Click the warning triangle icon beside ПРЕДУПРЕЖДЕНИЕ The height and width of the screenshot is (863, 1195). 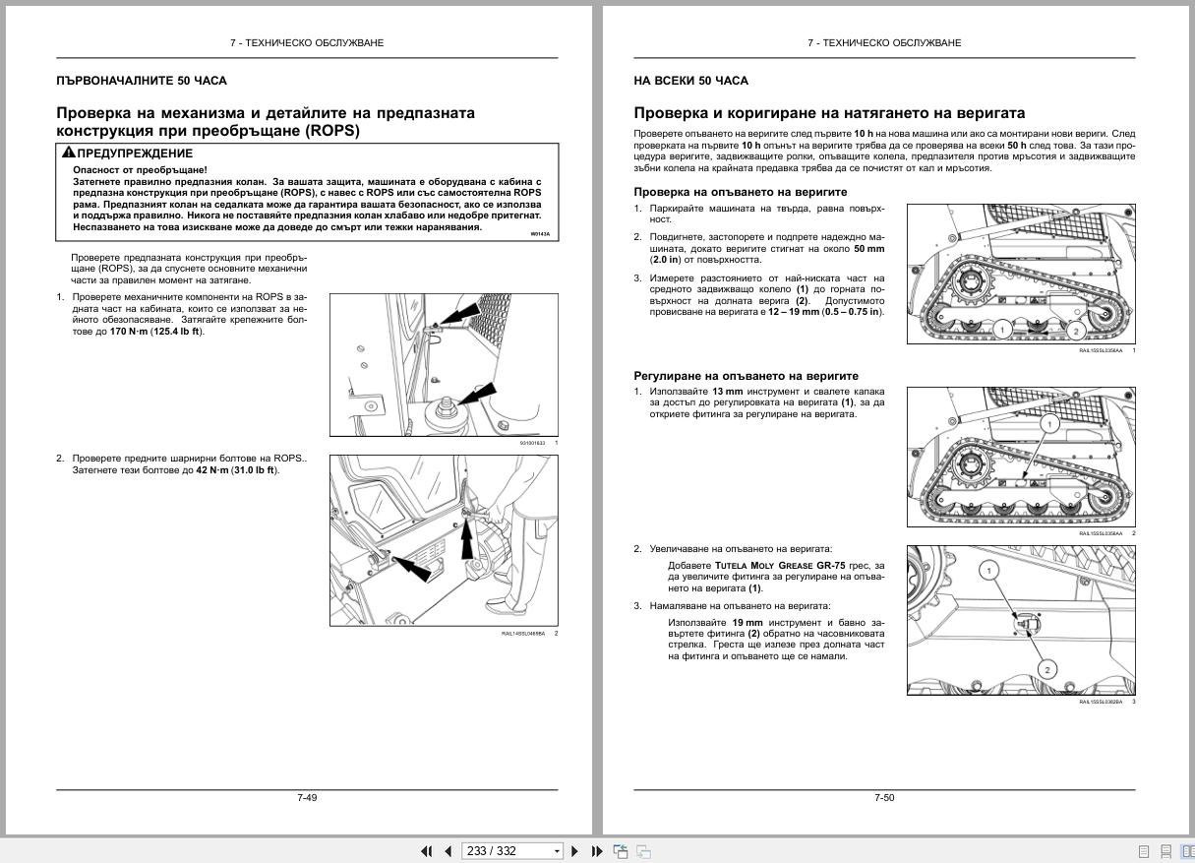coord(68,153)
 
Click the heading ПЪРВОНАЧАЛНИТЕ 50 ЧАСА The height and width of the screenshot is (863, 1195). coord(141,81)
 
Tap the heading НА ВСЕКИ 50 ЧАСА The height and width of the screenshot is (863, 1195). coord(690,81)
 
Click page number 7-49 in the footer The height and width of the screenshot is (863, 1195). coord(307,797)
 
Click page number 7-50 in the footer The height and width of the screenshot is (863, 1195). coord(884,797)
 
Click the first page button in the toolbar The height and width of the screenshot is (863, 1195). coord(426,851)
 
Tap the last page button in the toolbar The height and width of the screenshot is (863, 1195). coord(597,851)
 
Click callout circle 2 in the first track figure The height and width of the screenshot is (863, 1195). coord(1076,332)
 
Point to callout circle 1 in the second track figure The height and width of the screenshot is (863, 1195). coord(1048,424)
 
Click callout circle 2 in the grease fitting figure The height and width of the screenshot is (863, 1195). coord(1046,670)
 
